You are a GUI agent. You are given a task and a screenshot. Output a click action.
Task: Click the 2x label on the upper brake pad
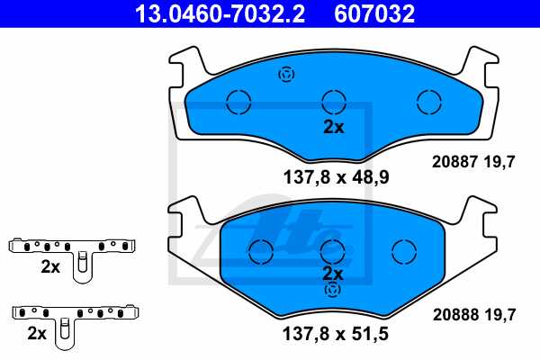coord(333,127)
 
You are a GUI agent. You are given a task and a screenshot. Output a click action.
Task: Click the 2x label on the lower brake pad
coord(333,273)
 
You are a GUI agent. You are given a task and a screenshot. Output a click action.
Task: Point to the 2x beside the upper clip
coord(49,266)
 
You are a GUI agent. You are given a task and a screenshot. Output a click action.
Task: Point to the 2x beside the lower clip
coord(37,333)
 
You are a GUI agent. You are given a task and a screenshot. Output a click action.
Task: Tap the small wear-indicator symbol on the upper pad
coord(287,75)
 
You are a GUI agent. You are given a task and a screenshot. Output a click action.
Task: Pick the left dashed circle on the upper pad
coord(238,102)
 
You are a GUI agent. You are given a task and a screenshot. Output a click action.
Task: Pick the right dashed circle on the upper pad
coord(428,102)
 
